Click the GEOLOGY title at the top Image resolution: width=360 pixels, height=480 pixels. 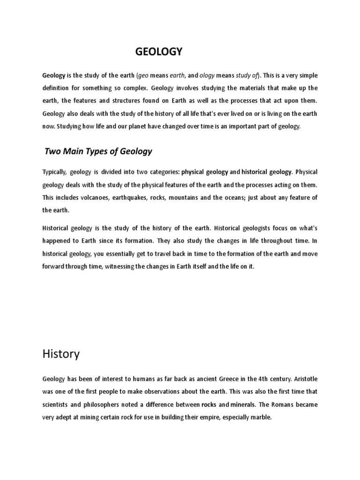click(x=158, y=52)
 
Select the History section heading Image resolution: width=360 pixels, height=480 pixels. click(x=61, y=354)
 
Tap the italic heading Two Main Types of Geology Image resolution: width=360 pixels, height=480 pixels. click(x=98, y=151)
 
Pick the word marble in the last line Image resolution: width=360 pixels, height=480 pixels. click(x=261, y=417)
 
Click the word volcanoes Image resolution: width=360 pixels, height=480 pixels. click(x=90, y=198)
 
